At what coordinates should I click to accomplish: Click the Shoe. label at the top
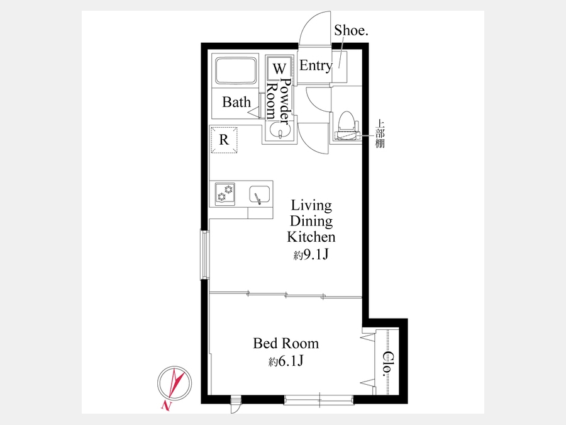click(351, 30)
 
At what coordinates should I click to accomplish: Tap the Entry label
click(316, 65)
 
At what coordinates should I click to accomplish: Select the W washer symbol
click(279, 68)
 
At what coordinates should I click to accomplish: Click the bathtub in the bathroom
click(236, 71)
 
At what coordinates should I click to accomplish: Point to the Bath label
click(236, 102)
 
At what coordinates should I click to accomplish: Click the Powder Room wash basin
click(279, 130)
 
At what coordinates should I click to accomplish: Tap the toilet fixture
click(347, 125)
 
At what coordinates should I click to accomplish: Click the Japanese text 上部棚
click(380, 133)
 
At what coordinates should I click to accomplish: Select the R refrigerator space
click(224, 140)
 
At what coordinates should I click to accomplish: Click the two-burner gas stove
click(225, 194)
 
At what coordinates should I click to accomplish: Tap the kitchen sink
click(260, 195)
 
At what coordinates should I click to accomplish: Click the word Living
click(311, 205)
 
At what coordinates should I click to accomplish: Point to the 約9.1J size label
click(311, 255)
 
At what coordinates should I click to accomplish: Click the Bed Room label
click(286, 343)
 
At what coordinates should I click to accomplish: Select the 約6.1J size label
click(286, 361)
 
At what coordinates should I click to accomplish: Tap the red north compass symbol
click(174, 383)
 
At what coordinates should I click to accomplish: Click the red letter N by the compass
click(167, 406)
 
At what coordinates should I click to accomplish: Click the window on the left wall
click(205, 255)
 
